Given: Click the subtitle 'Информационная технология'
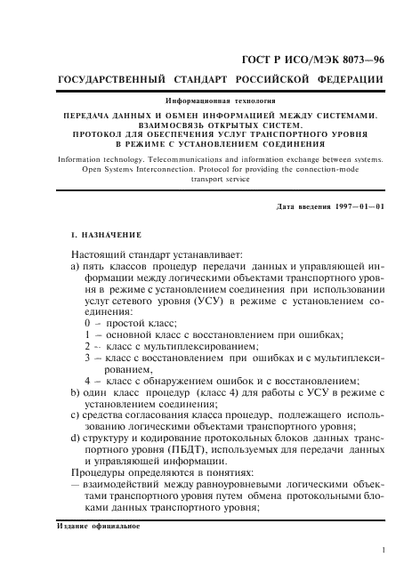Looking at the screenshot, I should [x=220, y=104].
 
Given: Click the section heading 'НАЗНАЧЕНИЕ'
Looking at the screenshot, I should [x=109, y=236].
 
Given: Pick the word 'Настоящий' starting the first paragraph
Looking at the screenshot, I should [x=98, y=254].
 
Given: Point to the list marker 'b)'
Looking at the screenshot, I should [x=76, y=392].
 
